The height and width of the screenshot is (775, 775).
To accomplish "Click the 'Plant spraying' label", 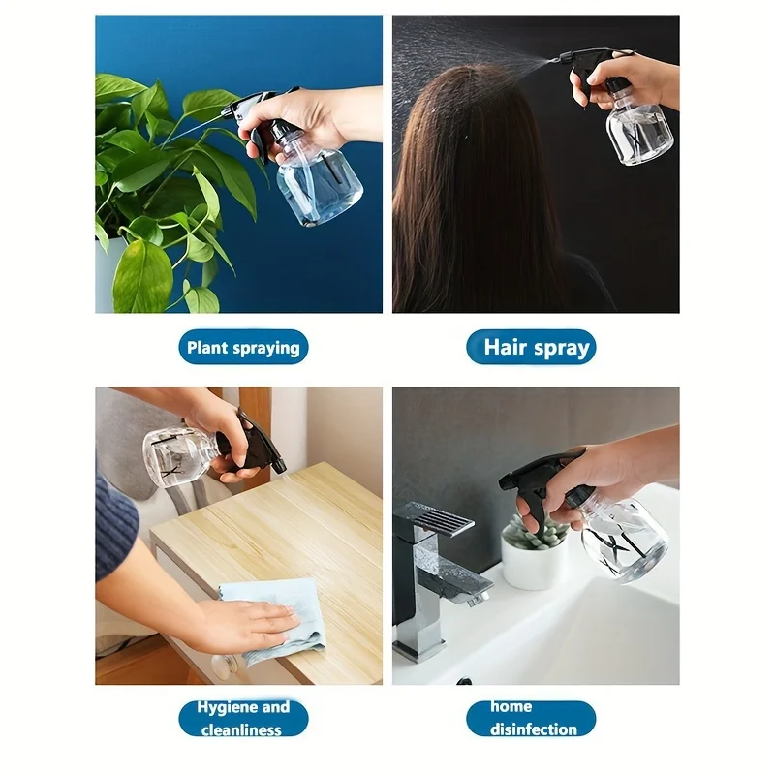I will [243, 347].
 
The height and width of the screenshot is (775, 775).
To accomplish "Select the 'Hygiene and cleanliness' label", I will [243, 718].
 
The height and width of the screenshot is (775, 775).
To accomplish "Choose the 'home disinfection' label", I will [531, 718].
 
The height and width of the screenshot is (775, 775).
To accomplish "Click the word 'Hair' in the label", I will [505, 347].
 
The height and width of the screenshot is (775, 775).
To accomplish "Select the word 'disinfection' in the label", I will [533, 728].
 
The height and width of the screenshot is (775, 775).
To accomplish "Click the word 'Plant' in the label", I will [207, 347].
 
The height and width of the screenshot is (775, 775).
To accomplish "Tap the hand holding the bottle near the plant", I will [300, 121].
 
